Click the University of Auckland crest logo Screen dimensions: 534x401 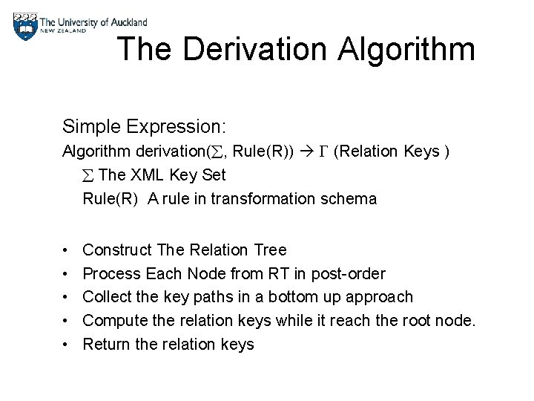pyautogui.click(x=25, y=26)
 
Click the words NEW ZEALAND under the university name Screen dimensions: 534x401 pyautogui.click(x=64, y=31)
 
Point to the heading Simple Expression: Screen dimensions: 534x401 pyautogui.click(x=144, y=126)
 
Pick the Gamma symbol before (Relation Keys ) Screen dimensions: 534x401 pyautogui.click(x=322, y=152)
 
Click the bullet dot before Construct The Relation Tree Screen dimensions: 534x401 pyautogui.click(x=67, y=250)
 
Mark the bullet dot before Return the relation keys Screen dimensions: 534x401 pyautogui.click(x=67, y=345)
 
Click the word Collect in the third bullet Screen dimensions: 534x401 pyautogui.click(x=107, y=297)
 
